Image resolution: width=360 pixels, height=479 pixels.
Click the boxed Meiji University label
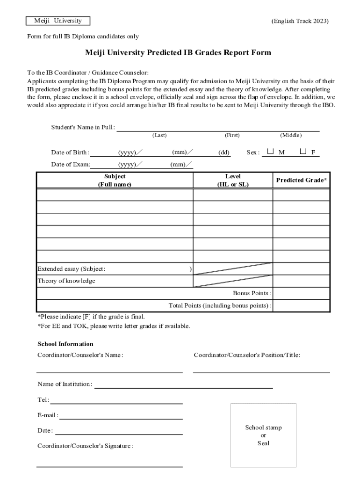coord(58,21)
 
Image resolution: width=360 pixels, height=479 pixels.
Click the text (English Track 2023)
coord(300,21)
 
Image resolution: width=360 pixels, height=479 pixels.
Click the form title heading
coord(178,53)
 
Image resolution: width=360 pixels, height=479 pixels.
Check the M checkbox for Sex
coord(271,152)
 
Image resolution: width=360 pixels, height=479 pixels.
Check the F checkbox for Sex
coord(303,152)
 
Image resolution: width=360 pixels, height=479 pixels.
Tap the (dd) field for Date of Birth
coord(224,152)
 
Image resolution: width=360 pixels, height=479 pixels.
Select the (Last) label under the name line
coord(159,135)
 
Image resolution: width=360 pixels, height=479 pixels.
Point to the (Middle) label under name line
coord(291,135)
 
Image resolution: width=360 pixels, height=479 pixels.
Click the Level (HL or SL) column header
coord(233,180)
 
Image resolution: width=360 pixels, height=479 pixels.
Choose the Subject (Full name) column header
coord(115,180)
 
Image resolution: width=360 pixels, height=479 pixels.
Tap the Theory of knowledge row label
coord(66,281)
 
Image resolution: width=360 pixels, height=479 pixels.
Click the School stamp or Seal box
coord(263,435)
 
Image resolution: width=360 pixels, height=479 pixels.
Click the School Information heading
coord(65,344)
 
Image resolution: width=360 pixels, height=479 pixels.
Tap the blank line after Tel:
coord(117,400)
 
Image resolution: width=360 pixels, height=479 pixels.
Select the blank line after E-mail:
coord(121,416)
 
